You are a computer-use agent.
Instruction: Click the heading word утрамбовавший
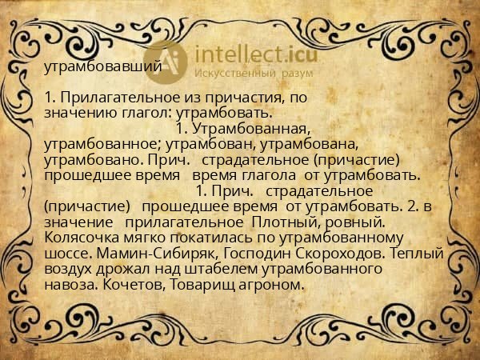[102, 66]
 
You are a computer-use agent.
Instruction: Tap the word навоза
[68, 285]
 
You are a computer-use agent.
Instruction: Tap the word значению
[76, 113]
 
